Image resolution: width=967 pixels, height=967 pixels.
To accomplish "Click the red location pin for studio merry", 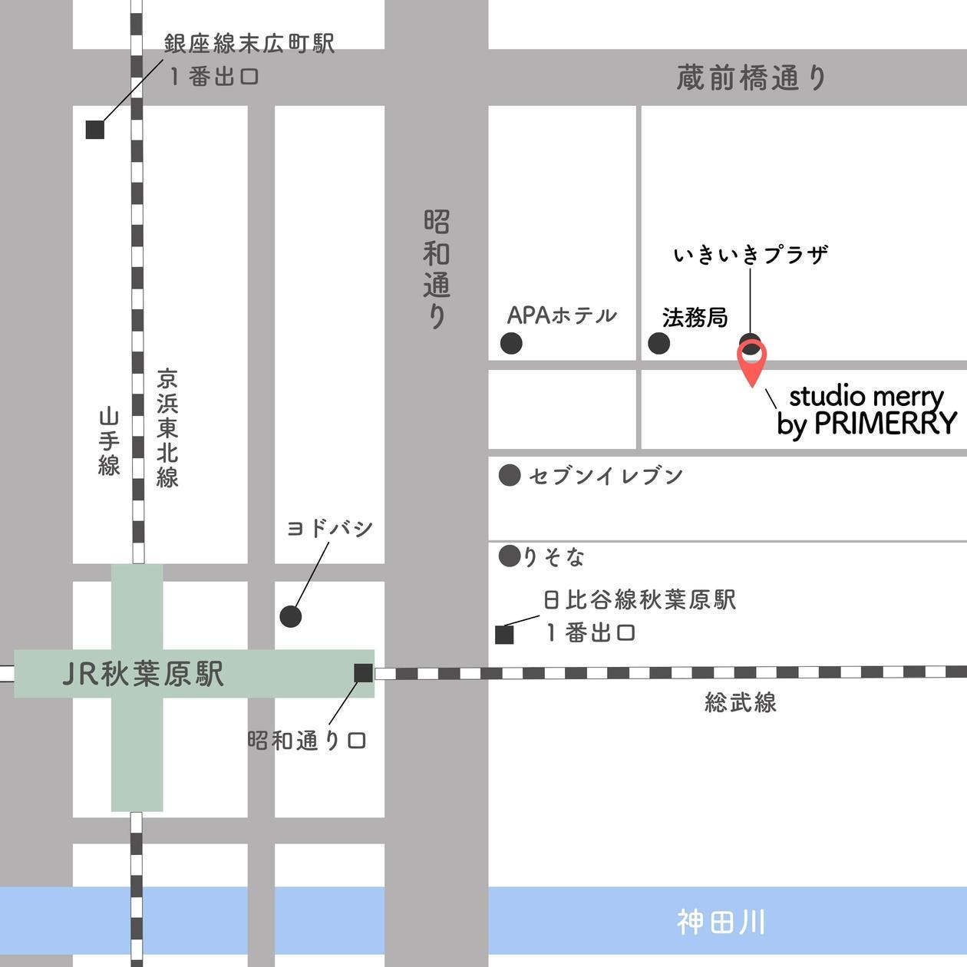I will (x=752, y=361).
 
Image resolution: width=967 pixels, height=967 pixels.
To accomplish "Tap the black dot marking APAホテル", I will (x=511, y=343).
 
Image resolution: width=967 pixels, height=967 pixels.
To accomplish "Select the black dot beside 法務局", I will (x=658, y=343).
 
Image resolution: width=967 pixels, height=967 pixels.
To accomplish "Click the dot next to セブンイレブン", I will (x=510, y=476).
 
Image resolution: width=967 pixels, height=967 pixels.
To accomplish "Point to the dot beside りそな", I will (x=510, y=556).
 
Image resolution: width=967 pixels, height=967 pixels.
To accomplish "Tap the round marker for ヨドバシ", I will (x=291, y=616).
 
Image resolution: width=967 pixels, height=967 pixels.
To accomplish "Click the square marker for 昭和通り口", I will (x=363, y=673).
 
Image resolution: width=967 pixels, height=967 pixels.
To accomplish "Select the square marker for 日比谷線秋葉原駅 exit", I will (x=504, y=635).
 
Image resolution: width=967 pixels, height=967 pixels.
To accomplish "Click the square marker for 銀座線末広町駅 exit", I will (x=94, y=130).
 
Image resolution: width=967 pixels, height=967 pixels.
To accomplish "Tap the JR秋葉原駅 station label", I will (x=143, y=675).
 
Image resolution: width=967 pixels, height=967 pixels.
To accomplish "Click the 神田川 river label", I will (x=721, y=922).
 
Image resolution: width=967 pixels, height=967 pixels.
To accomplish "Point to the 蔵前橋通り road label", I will (x=751, y=78).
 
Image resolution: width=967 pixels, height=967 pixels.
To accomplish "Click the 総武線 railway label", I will (x=741, y=702).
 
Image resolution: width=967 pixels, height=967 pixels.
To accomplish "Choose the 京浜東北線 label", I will (x=167, y=428).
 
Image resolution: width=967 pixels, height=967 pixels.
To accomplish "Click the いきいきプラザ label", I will (x=751, y=254).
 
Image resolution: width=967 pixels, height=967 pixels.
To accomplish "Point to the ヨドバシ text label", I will (x=329, y=529).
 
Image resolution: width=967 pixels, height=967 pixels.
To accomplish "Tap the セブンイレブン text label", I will (x=606, y=476).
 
